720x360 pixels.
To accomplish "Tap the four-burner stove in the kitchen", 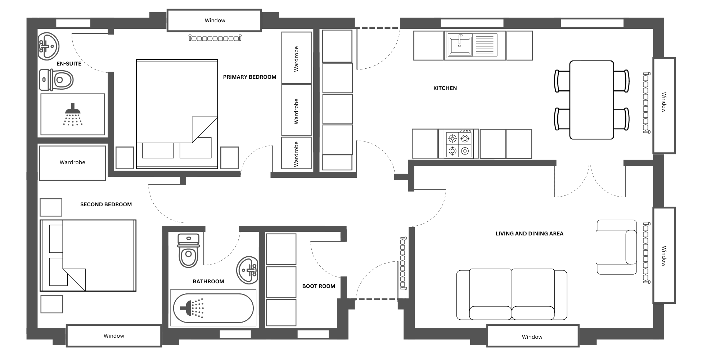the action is (459, 144).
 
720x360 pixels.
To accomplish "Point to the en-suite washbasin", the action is (49, 46).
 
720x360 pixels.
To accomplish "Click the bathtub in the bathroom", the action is (213, 308).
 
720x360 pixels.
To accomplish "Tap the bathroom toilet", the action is (188, 251).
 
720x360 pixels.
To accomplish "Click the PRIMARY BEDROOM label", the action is (249, 77).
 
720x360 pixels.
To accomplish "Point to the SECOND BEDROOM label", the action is (106, 204).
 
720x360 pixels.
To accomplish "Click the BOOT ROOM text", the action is (319, 286).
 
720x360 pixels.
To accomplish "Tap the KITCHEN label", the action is (445, 88).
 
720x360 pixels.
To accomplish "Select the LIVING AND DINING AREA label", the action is (529, 234).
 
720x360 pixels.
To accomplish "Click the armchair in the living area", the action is (616, 247).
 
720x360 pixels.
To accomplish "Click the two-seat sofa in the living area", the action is (512, 294).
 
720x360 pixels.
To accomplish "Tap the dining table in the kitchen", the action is (591, 100).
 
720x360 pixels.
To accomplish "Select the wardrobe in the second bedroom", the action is (72, 163).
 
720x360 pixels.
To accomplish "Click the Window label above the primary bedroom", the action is (215, 21).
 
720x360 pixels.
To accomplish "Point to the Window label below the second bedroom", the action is (114, 336).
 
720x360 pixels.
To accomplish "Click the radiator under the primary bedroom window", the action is (215, 38).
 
